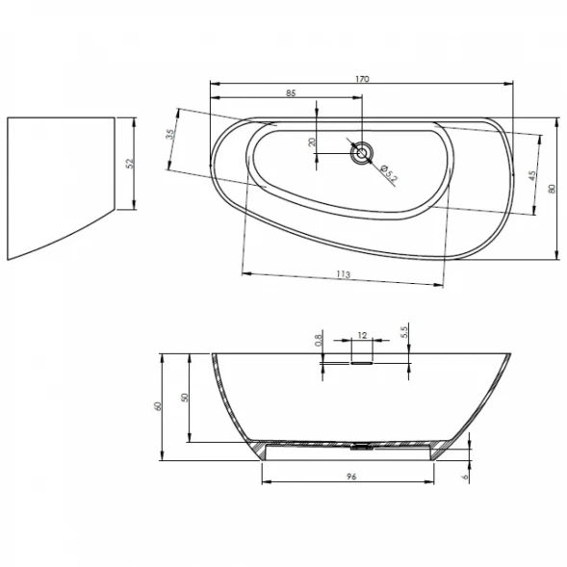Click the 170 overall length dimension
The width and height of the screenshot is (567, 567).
click(x=362, y=79)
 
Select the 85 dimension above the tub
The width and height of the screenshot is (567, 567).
click(x=291, y=93)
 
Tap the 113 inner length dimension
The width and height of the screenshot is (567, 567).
click(x=343, y=274)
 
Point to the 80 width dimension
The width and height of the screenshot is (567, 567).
click(x=552, y=189)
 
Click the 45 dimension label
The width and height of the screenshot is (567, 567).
click(x=532, y=176)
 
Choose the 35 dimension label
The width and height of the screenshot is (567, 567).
click(x=170, y=134)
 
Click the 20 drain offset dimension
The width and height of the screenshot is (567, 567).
click(x=312, y=142)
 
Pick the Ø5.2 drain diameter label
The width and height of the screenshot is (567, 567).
click(x=389, y=173)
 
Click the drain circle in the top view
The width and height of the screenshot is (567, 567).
click(x=361, y=153)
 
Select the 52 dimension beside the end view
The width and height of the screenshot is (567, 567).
click(x=130, y=164)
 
